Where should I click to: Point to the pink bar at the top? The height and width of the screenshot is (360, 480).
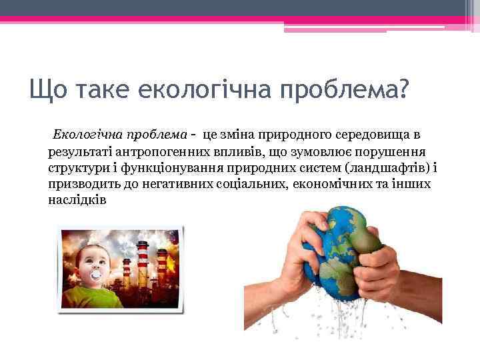coord(200,19)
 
